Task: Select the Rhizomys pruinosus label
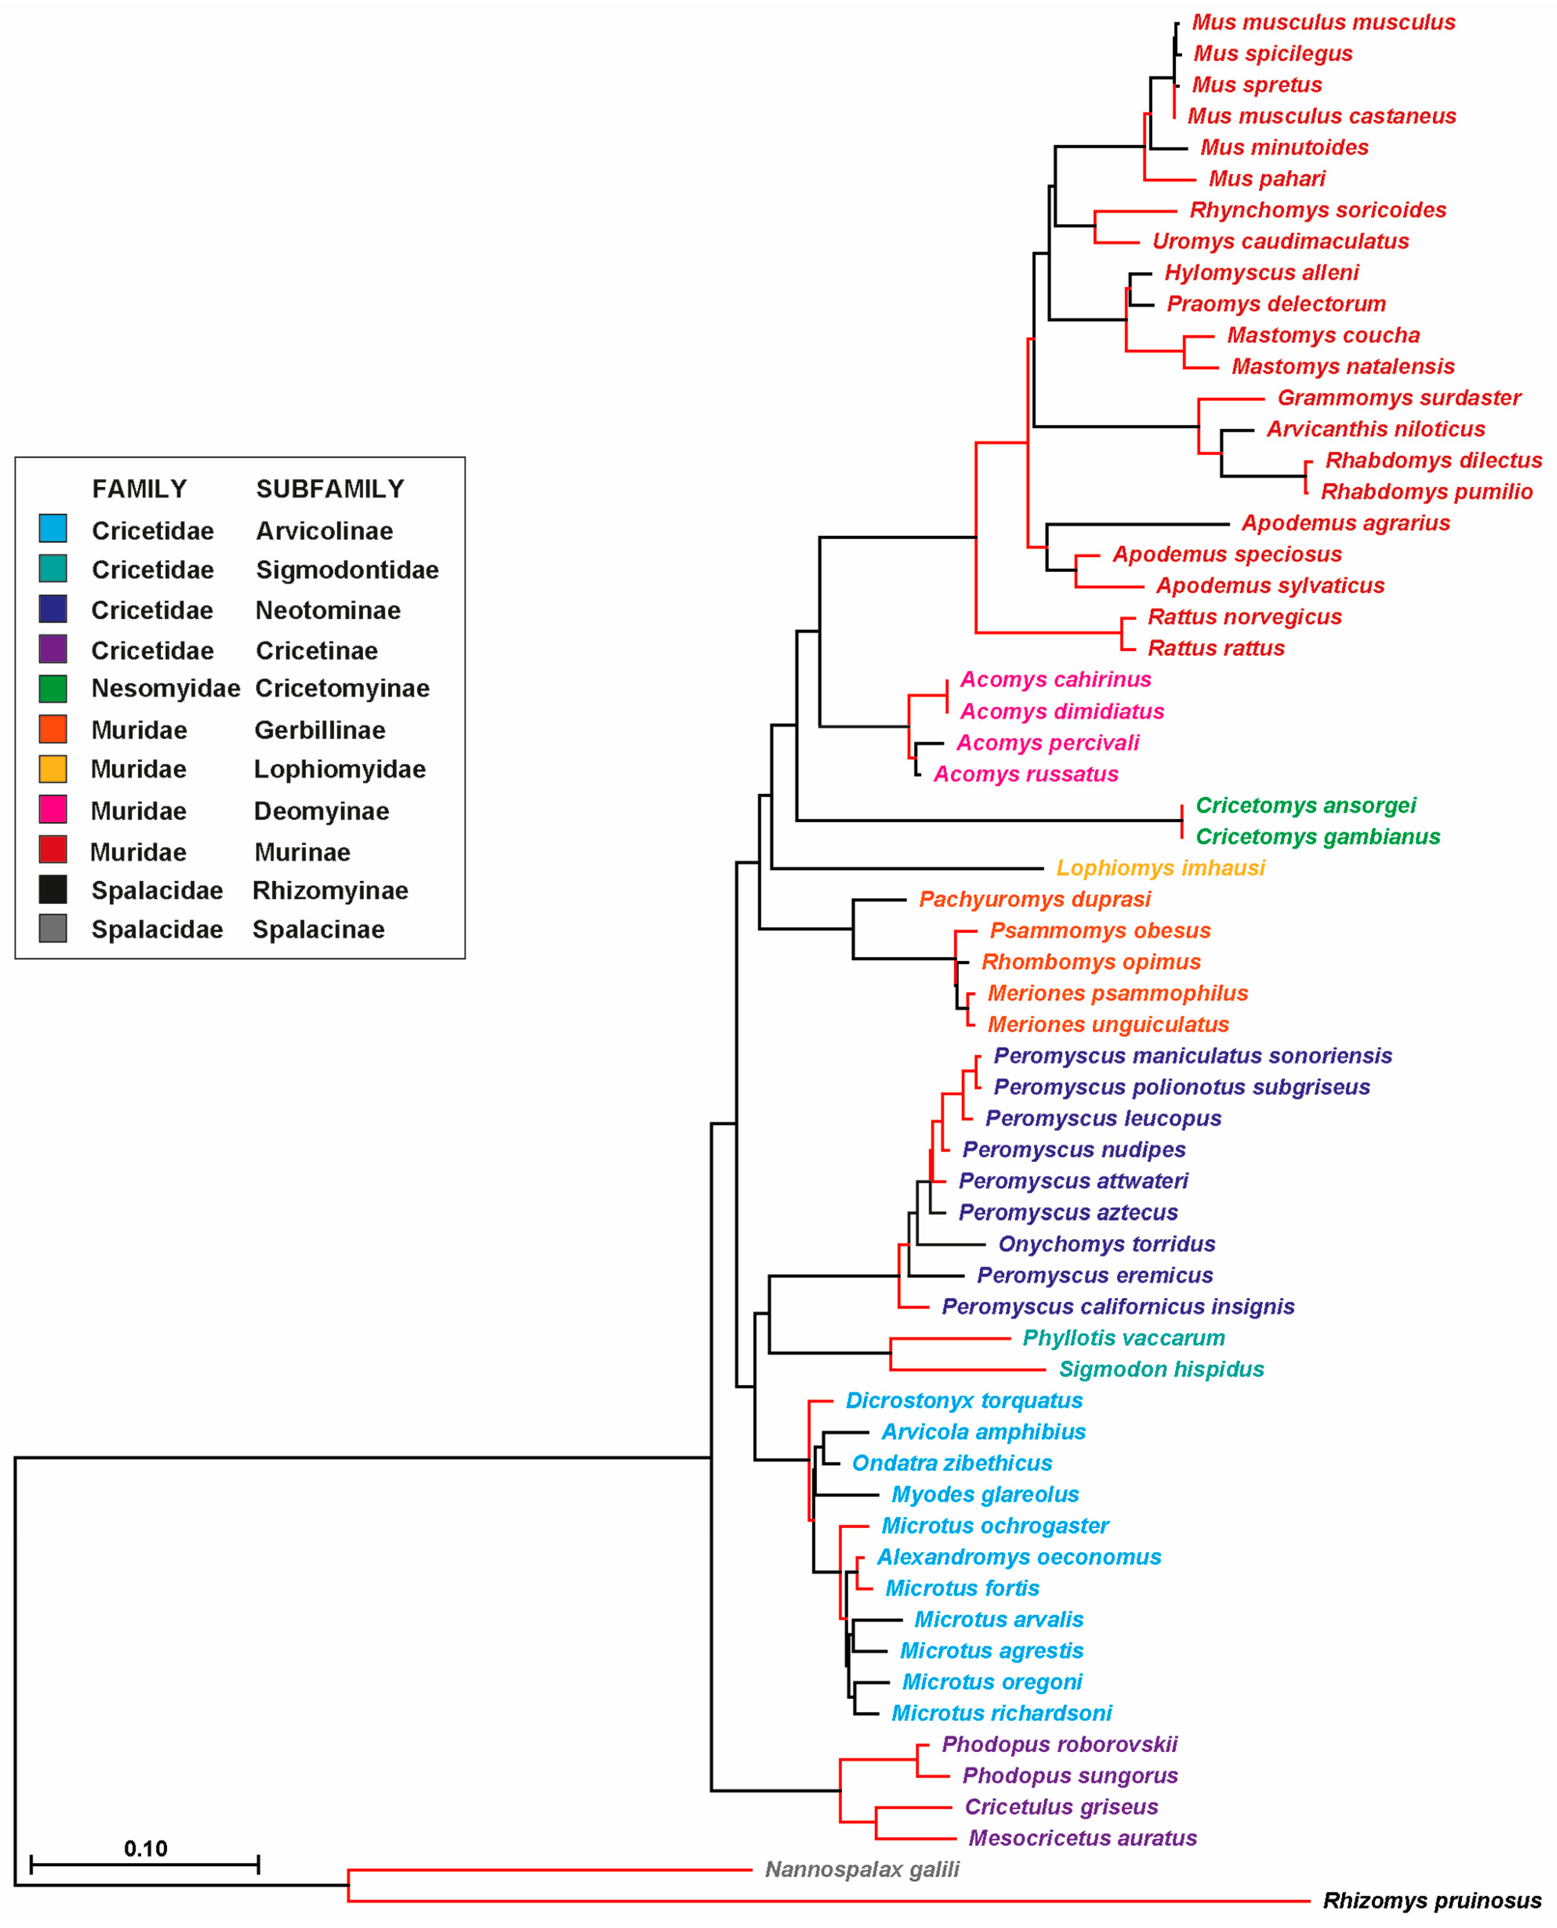[x=1431, y=1901]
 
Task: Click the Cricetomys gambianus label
[x=1318, y=837]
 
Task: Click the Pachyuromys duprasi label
[x=1034, y=900]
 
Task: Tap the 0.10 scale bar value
[x=145, y=1848]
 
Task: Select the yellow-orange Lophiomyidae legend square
[x=53, y=769]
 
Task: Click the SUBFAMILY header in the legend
[x=330, y=489]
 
